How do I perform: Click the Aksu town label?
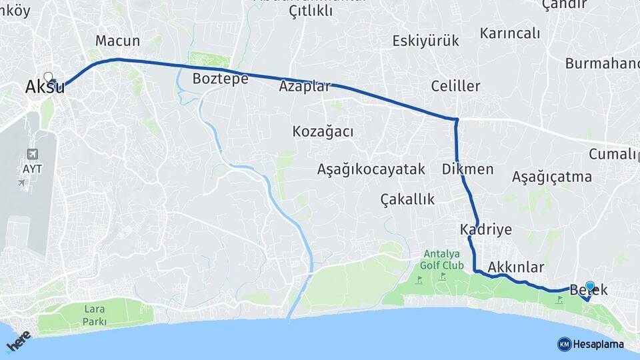tap(45, 87)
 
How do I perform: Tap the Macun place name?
tap(117, 41)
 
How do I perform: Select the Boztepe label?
tap(220, 79)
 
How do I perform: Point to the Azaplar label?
tap(305, 87)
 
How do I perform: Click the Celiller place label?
tap(455, 87)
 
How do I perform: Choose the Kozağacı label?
tap(323, 131)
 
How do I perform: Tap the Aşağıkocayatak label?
tap(371, 169)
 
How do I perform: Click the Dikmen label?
tap(467, 169)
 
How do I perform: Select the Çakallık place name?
tap(407, 199)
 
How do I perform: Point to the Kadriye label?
tap(485, 230)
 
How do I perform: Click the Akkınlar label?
tap(516, 267)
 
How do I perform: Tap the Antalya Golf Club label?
tap(441, 259)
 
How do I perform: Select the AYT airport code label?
tap(32, 169)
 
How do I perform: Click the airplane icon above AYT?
tap(32, 154)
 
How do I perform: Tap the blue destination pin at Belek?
tap(589, 287)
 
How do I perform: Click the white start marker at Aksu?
tap(48, 77)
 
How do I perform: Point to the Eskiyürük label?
tap(425, 41)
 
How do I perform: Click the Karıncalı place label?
tap(509, 33)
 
